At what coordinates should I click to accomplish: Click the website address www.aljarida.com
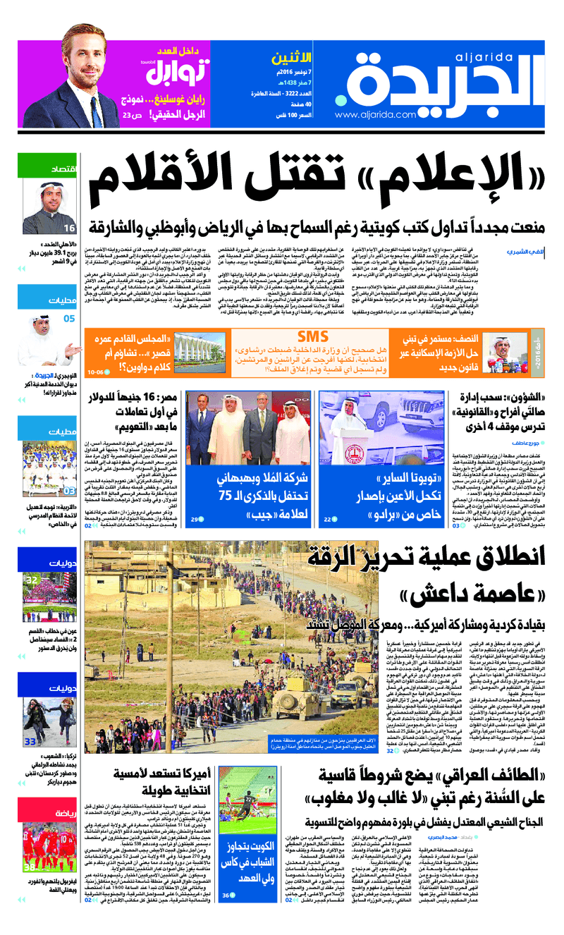(x=369, y=116)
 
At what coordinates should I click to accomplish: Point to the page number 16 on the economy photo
(x=69, y=228)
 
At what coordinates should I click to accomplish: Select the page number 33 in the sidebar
(x=30, y=741)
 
